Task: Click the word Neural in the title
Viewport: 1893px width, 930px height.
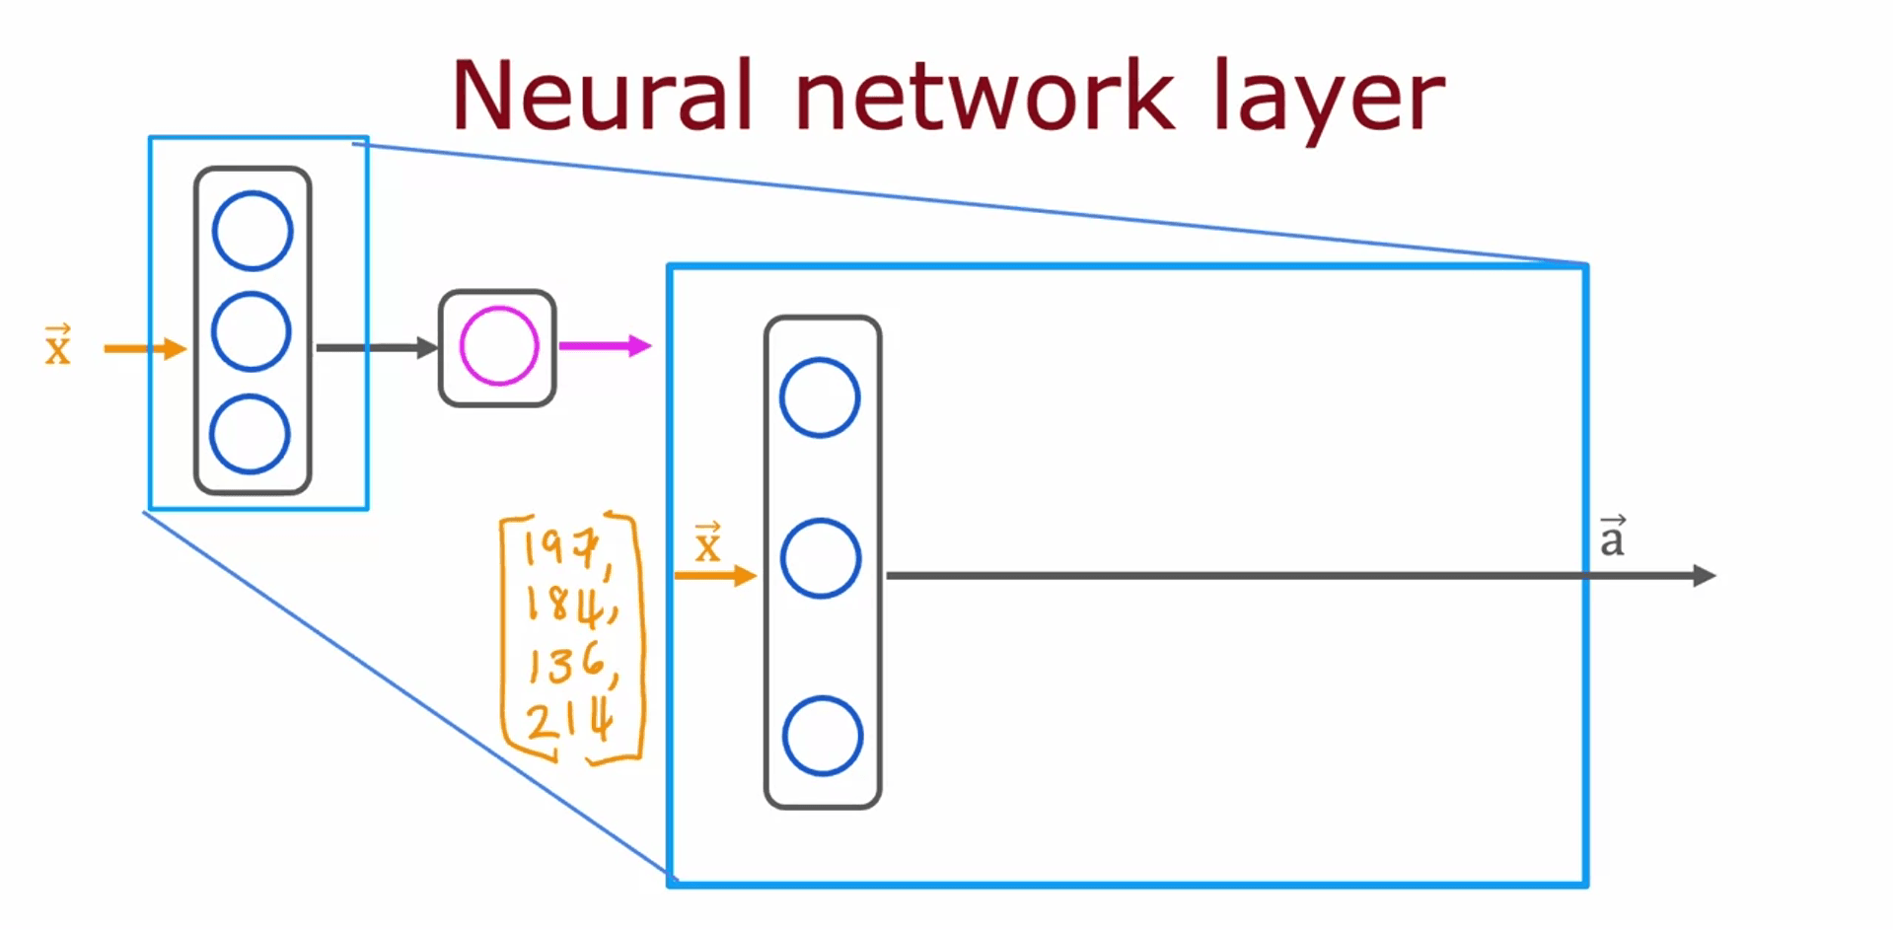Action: tap(602, 96)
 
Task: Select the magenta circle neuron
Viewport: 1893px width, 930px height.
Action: tap(499, 346)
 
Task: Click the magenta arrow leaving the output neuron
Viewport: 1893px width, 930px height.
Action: tap(604, 346)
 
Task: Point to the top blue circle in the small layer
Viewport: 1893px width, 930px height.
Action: tap(253, 231)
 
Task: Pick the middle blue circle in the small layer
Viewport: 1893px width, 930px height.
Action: tap(252, 331)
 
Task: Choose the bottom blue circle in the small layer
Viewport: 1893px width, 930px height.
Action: tap(250, 434)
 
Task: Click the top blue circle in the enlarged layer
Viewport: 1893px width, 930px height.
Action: tap(820, 397)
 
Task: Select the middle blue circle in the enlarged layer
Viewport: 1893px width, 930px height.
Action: tap(821, 558)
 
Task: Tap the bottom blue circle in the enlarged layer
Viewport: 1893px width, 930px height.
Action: tap(823, 736)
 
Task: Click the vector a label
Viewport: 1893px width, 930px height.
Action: tap(1612, 537)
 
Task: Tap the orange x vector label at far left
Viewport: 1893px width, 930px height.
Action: tap(58, 345)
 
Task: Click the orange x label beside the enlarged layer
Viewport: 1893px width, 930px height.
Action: tap(708, 543)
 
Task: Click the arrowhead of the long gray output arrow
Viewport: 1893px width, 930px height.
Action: tap(1704, 576)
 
